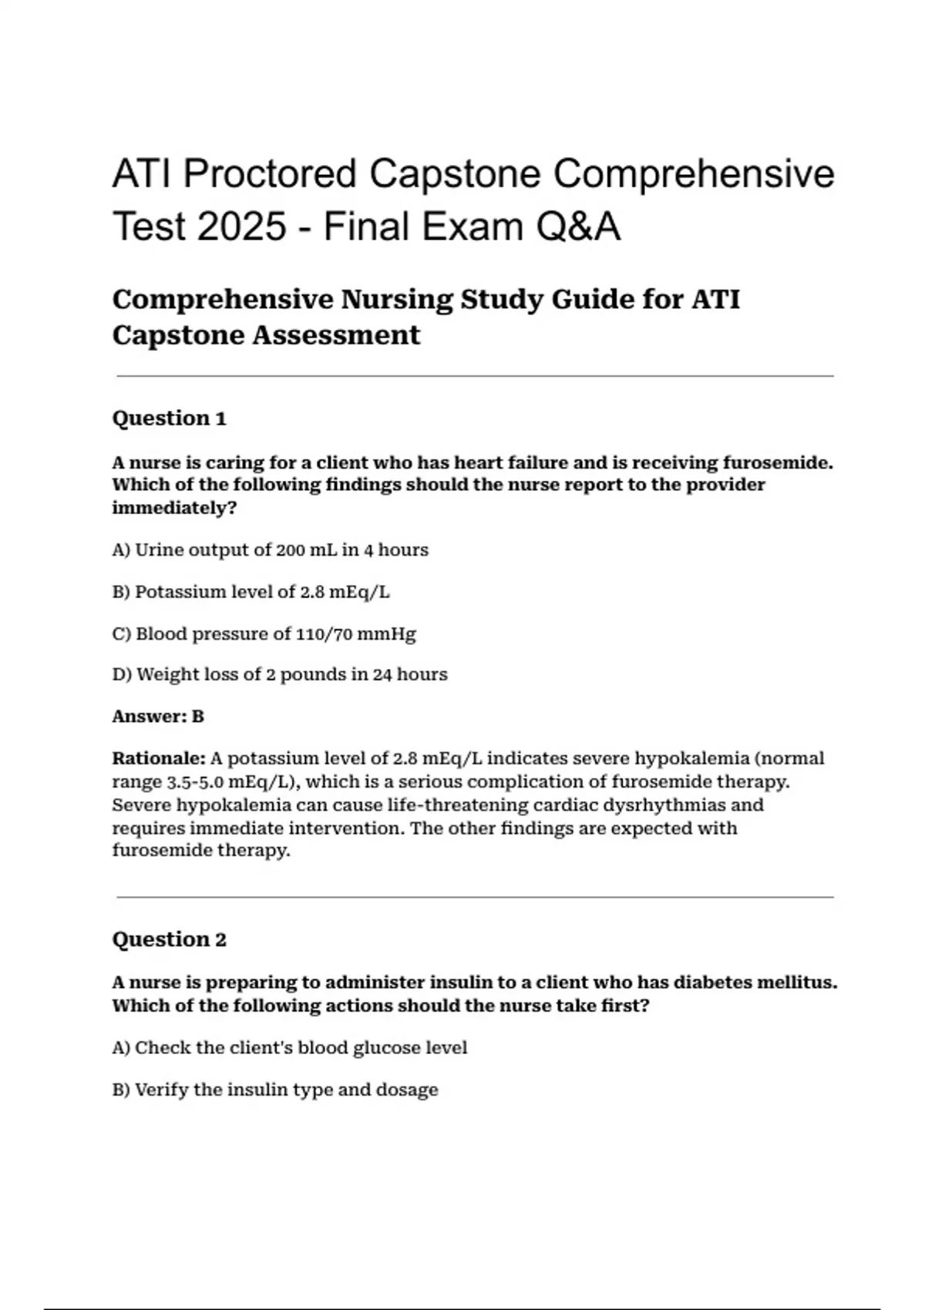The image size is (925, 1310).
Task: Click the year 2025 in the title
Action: (241, 227)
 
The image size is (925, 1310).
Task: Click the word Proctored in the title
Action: (269, 173)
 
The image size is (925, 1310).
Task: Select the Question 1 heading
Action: (169, 418)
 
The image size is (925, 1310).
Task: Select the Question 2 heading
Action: (169, 939)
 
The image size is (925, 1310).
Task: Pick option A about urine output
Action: (270, 550)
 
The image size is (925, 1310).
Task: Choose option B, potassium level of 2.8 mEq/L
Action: (251, 592)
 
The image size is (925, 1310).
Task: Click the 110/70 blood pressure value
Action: (324, 634)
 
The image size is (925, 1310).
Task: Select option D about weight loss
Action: (279, 675)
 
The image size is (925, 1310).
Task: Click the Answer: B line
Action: (158, 717)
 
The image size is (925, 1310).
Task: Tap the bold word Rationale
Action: (159, 758)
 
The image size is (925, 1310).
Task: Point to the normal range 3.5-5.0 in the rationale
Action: (195, 782)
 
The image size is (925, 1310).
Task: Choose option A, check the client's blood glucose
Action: (289, 1048)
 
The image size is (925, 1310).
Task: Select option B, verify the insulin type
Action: (274, 1090)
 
